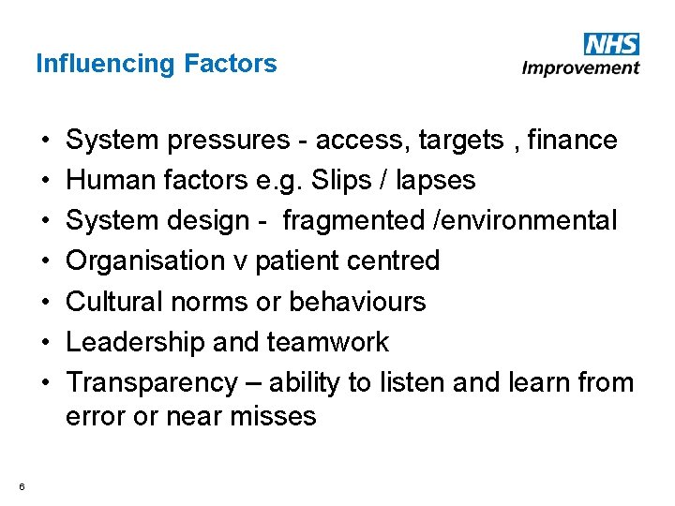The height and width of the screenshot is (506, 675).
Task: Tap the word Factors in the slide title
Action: (x=231, y=64)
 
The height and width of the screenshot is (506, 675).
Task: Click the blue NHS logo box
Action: (x=611, y=44)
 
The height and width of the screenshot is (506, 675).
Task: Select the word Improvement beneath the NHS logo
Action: (x=581, y=67)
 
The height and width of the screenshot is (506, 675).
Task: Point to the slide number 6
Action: (x=21, y=485)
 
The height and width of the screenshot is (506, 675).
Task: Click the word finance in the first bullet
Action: (x=573, y=141)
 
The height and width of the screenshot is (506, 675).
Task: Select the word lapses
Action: (x=439, y=181)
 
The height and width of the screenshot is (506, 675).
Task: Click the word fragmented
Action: (x=353, y=221)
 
